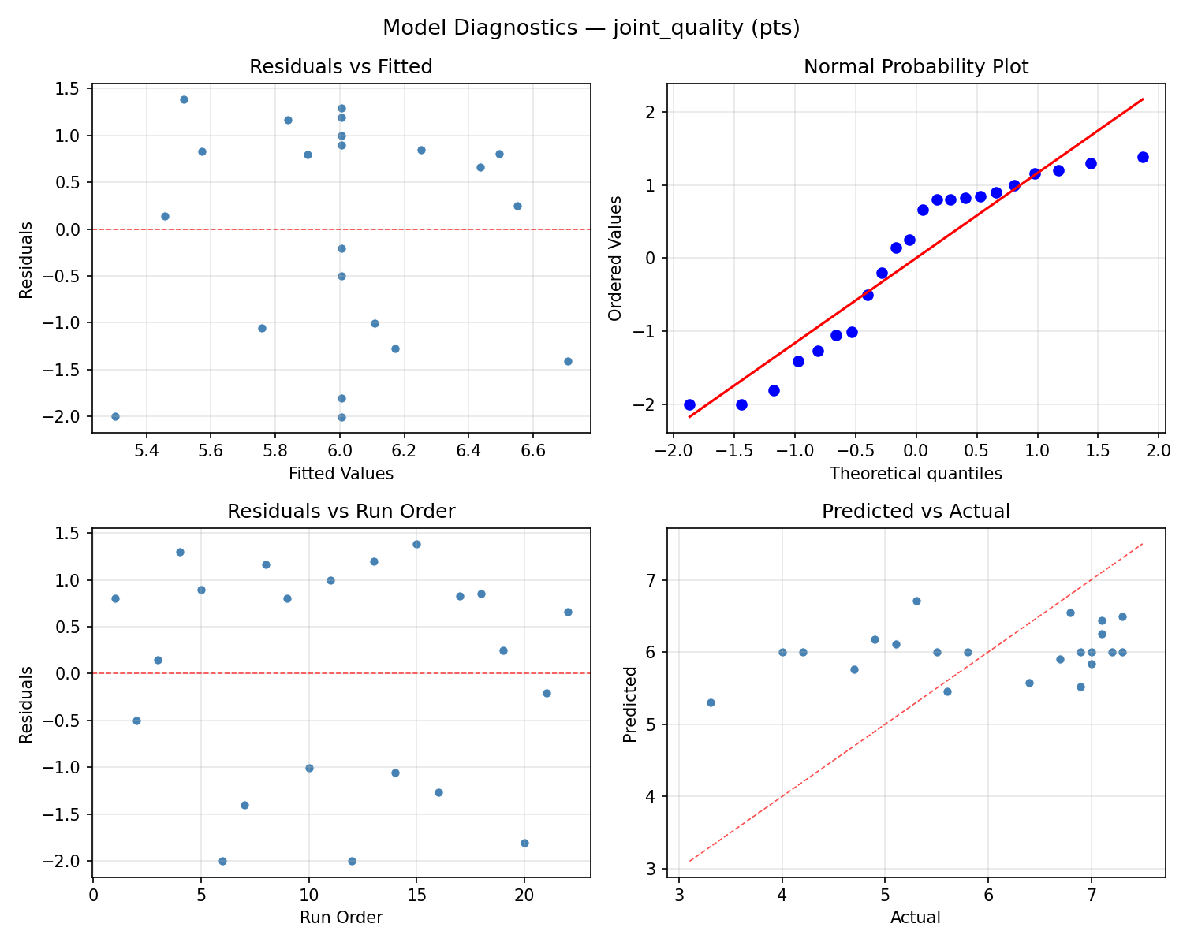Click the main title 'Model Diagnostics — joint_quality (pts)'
[x=591, y=28]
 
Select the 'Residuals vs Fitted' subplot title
[x=341, y=67]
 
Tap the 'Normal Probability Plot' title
[x=916, y=67]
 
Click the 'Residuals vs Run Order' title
[x=341, y=512]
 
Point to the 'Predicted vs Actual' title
[x=916, y=512]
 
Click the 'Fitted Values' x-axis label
[x=341, y=474]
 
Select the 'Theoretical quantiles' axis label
[x=916, y=474]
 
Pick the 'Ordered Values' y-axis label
[x=615, y=258]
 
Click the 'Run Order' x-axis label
[x=341, y=918]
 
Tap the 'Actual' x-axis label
[x=916, y=918]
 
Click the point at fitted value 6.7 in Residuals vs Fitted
[x=568, y=361]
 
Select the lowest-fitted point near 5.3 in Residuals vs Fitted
[x=115, y=416]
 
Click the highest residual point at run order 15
[x=416, y=544]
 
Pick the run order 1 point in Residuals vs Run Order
[x=115, y=598]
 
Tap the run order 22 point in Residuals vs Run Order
[x=568, y=612]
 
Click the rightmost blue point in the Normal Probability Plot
[x=1143, y=157]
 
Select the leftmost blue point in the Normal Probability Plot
[x=689, y=404]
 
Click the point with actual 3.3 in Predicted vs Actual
[x=711, y=702]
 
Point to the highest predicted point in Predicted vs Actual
[x=916, y=601]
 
